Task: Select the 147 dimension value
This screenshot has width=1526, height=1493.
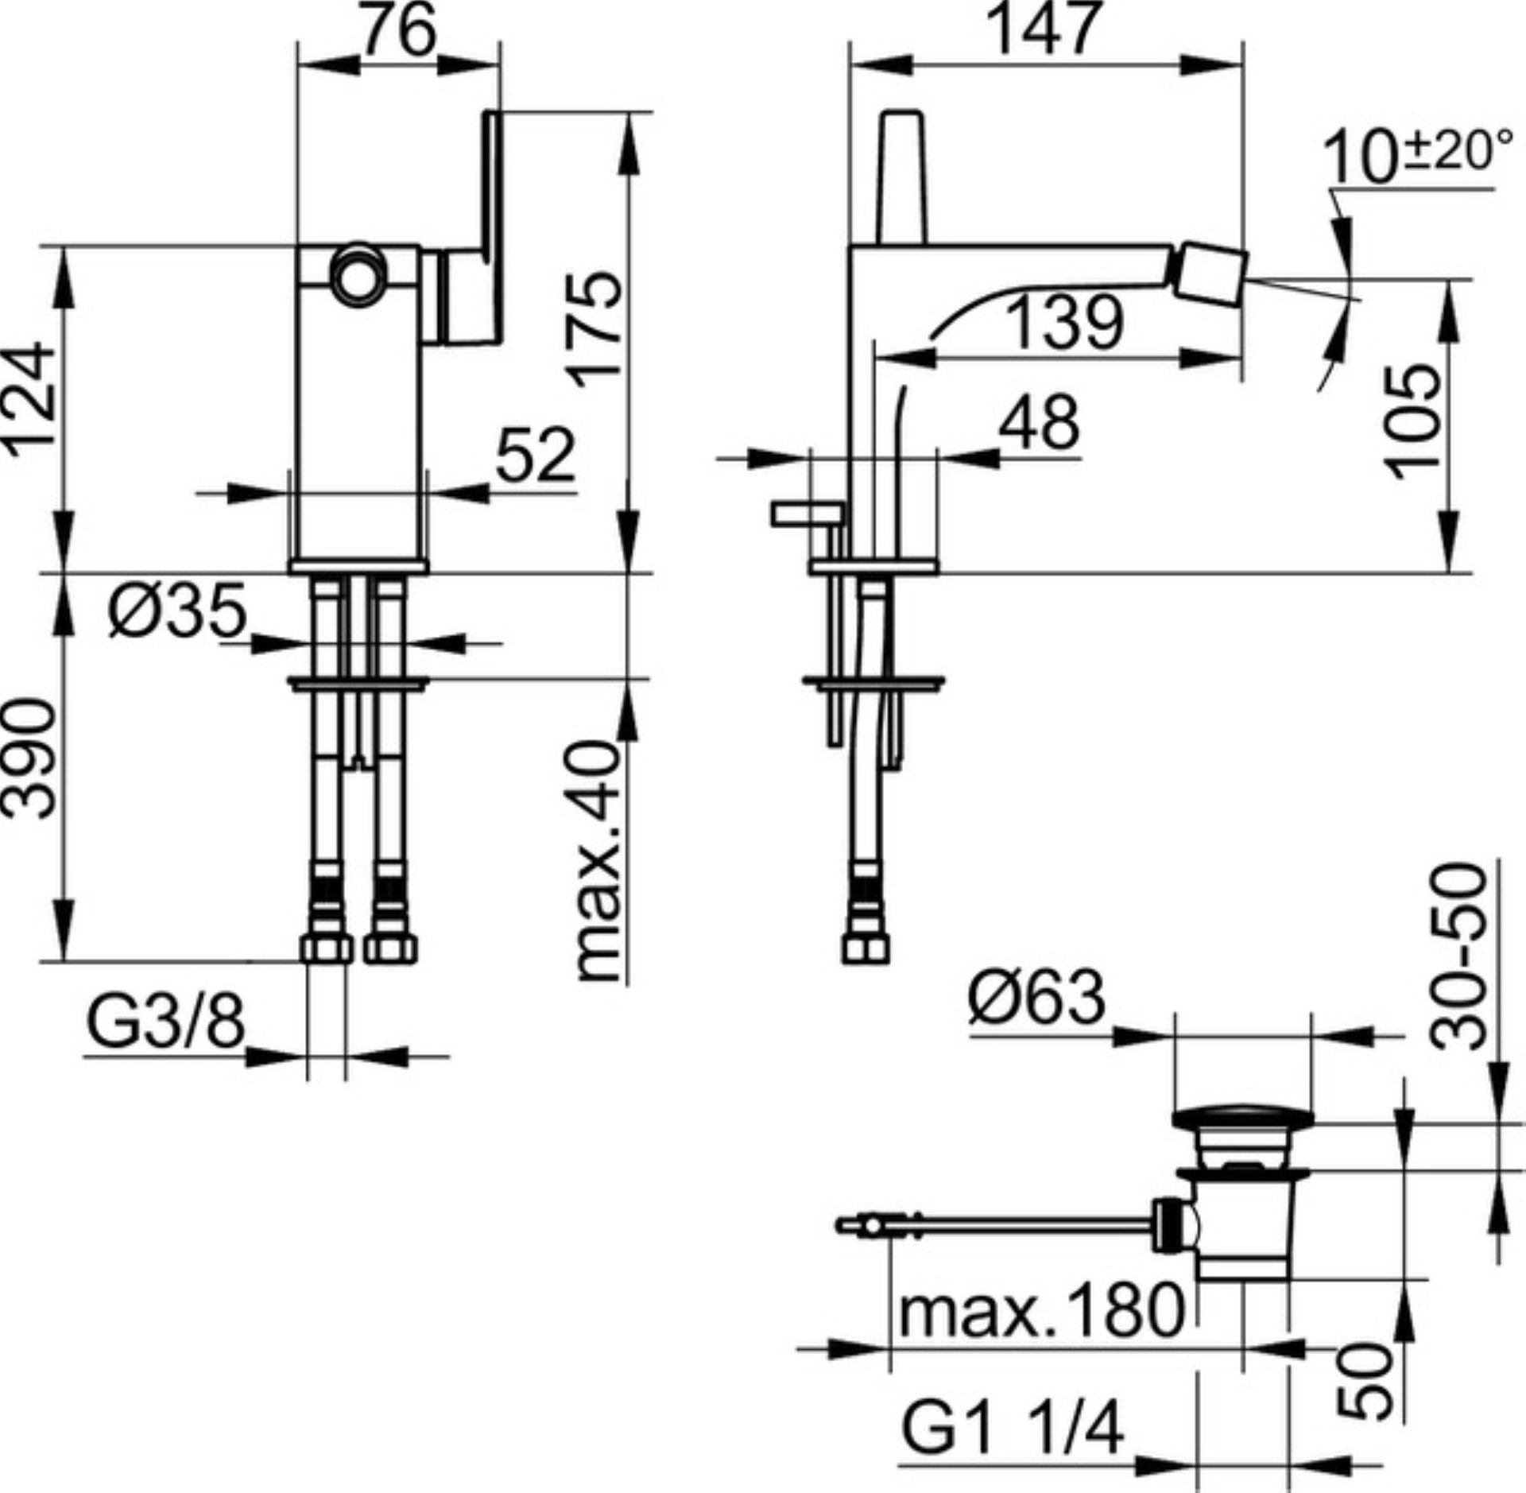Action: pyautogui.click(x=1045, y=29)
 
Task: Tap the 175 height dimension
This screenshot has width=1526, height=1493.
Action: pyautogui.click(x=598, y=328)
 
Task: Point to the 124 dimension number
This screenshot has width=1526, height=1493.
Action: pyautogui.click(x=33, y=400)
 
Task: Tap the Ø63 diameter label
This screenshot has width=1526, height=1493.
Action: pyautogui.click(x=1036, y=999)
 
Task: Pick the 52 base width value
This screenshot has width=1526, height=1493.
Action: pyautogui.click(x=535, y=455)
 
